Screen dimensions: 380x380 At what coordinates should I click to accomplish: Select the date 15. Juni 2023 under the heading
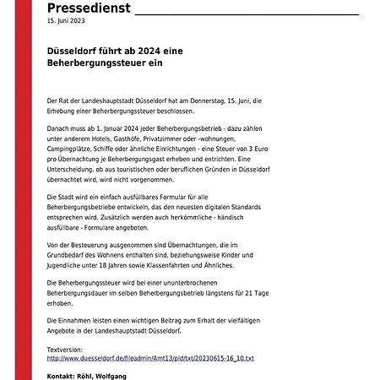[65, 24]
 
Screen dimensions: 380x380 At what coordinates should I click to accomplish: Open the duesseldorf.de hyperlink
[150, 359]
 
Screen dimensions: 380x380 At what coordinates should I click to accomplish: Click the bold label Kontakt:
[62, 375]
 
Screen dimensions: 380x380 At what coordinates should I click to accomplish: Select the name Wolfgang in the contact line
[113, 375]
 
